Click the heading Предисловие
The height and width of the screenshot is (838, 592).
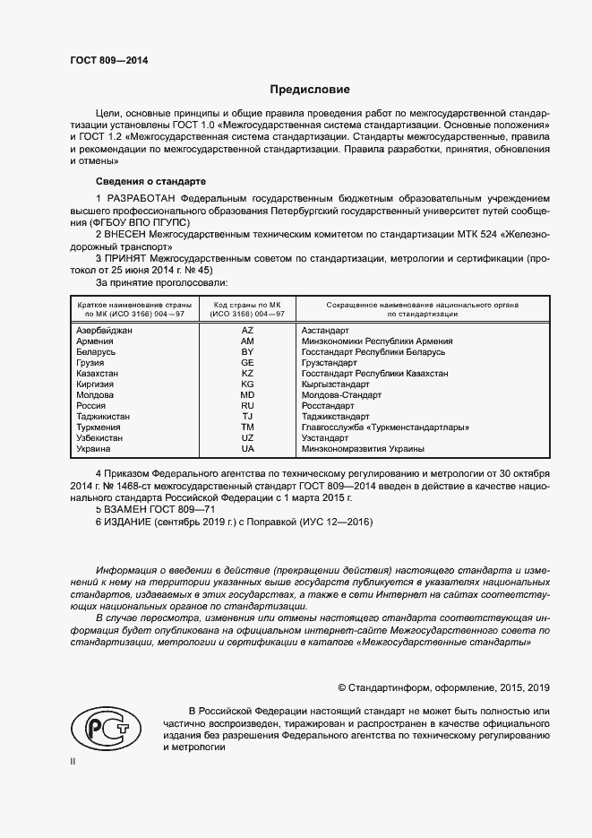(311, 90)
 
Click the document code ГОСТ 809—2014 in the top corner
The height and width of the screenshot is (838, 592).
(108, 61)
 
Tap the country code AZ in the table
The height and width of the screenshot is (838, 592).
(247, 331)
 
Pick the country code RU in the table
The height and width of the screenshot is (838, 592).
(247, 406)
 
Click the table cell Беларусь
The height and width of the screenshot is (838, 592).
(96, 352)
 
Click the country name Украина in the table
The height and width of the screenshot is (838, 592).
(94, 449)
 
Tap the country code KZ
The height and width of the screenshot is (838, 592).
(247, 374)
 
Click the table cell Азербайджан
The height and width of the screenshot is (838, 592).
(104, 331)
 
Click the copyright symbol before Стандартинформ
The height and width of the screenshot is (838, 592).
(342, 687)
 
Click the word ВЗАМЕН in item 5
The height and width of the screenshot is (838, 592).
(131, 509)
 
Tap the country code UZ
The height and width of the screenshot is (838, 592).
(247, 438)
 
